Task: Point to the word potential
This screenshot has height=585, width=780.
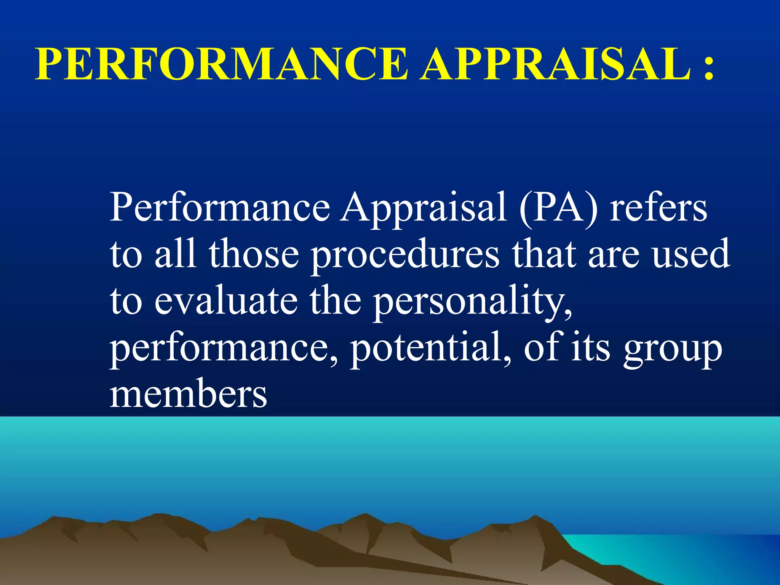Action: [x=431, y=348]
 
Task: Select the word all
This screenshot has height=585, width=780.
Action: [x=176, y=253]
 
